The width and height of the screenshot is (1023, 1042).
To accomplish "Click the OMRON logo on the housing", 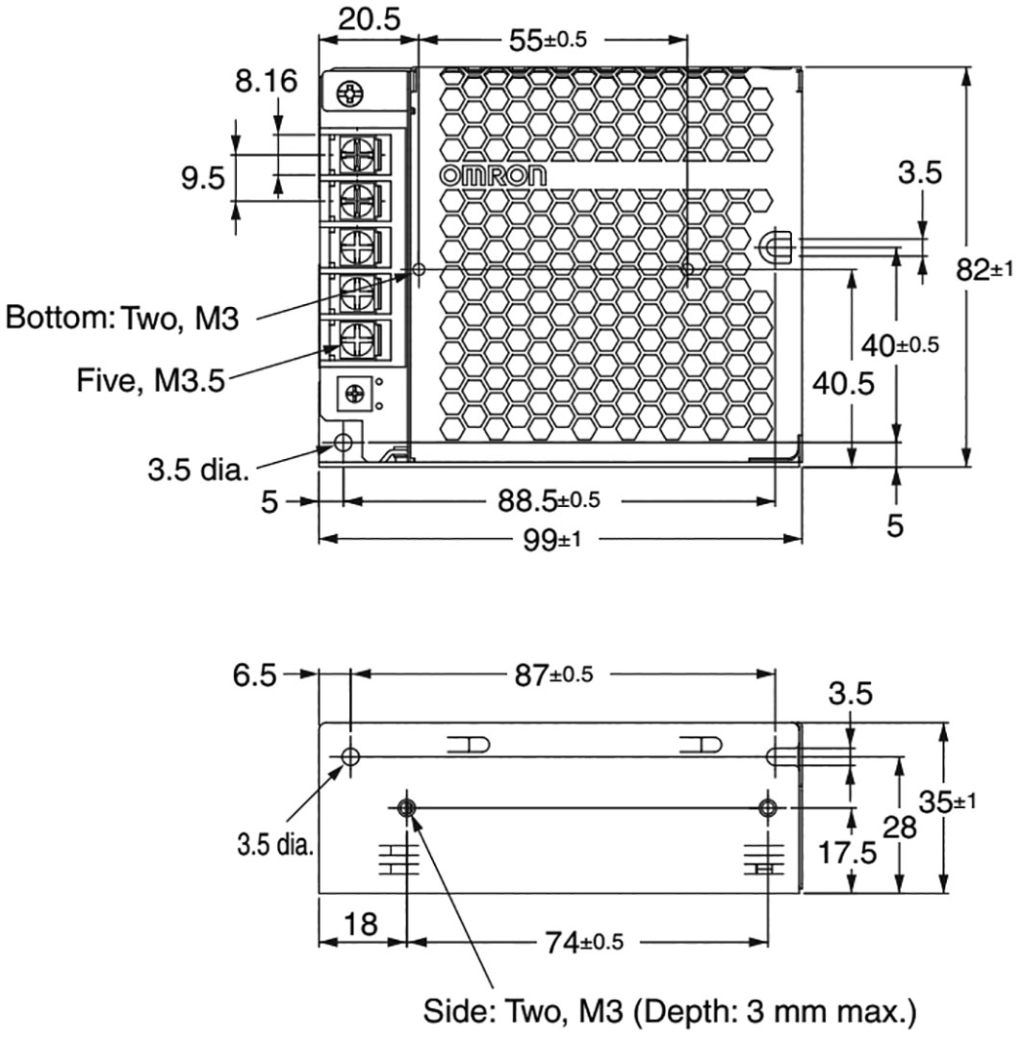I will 493,175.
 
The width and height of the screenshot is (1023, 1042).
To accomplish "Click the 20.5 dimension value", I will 370,19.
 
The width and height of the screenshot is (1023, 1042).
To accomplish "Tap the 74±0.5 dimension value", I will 583,942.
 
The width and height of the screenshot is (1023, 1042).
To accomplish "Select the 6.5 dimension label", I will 252,675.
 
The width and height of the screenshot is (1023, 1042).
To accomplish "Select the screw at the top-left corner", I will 352,93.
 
